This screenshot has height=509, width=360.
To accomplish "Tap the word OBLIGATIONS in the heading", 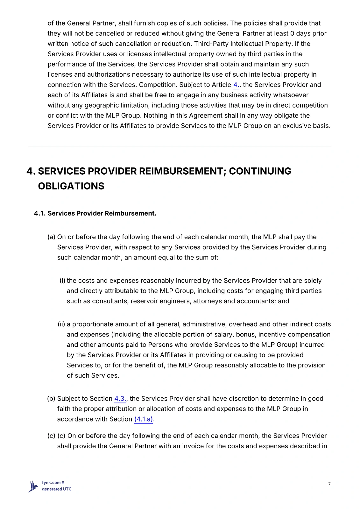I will point(71,186).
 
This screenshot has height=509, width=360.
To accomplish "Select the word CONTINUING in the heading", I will point(260,171).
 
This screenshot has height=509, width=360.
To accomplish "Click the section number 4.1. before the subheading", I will point(39,213).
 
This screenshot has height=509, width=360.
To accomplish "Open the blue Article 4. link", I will point(236,85).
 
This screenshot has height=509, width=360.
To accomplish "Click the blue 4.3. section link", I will point(120,399).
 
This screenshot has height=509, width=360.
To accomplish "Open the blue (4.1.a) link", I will point(144,419).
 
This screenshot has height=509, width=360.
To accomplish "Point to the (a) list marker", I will point(51,237).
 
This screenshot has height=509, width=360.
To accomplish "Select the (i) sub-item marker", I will point(62,281).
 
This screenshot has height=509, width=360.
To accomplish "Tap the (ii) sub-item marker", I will point(61,324).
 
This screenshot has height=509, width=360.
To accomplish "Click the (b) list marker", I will point(51,399).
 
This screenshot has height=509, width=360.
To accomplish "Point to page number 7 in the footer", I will point(329,484).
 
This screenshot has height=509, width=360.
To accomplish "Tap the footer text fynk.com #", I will point(53,483).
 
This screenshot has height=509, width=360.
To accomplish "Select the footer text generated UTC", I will point(57,489).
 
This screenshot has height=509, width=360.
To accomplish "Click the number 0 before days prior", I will point(292,33).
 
